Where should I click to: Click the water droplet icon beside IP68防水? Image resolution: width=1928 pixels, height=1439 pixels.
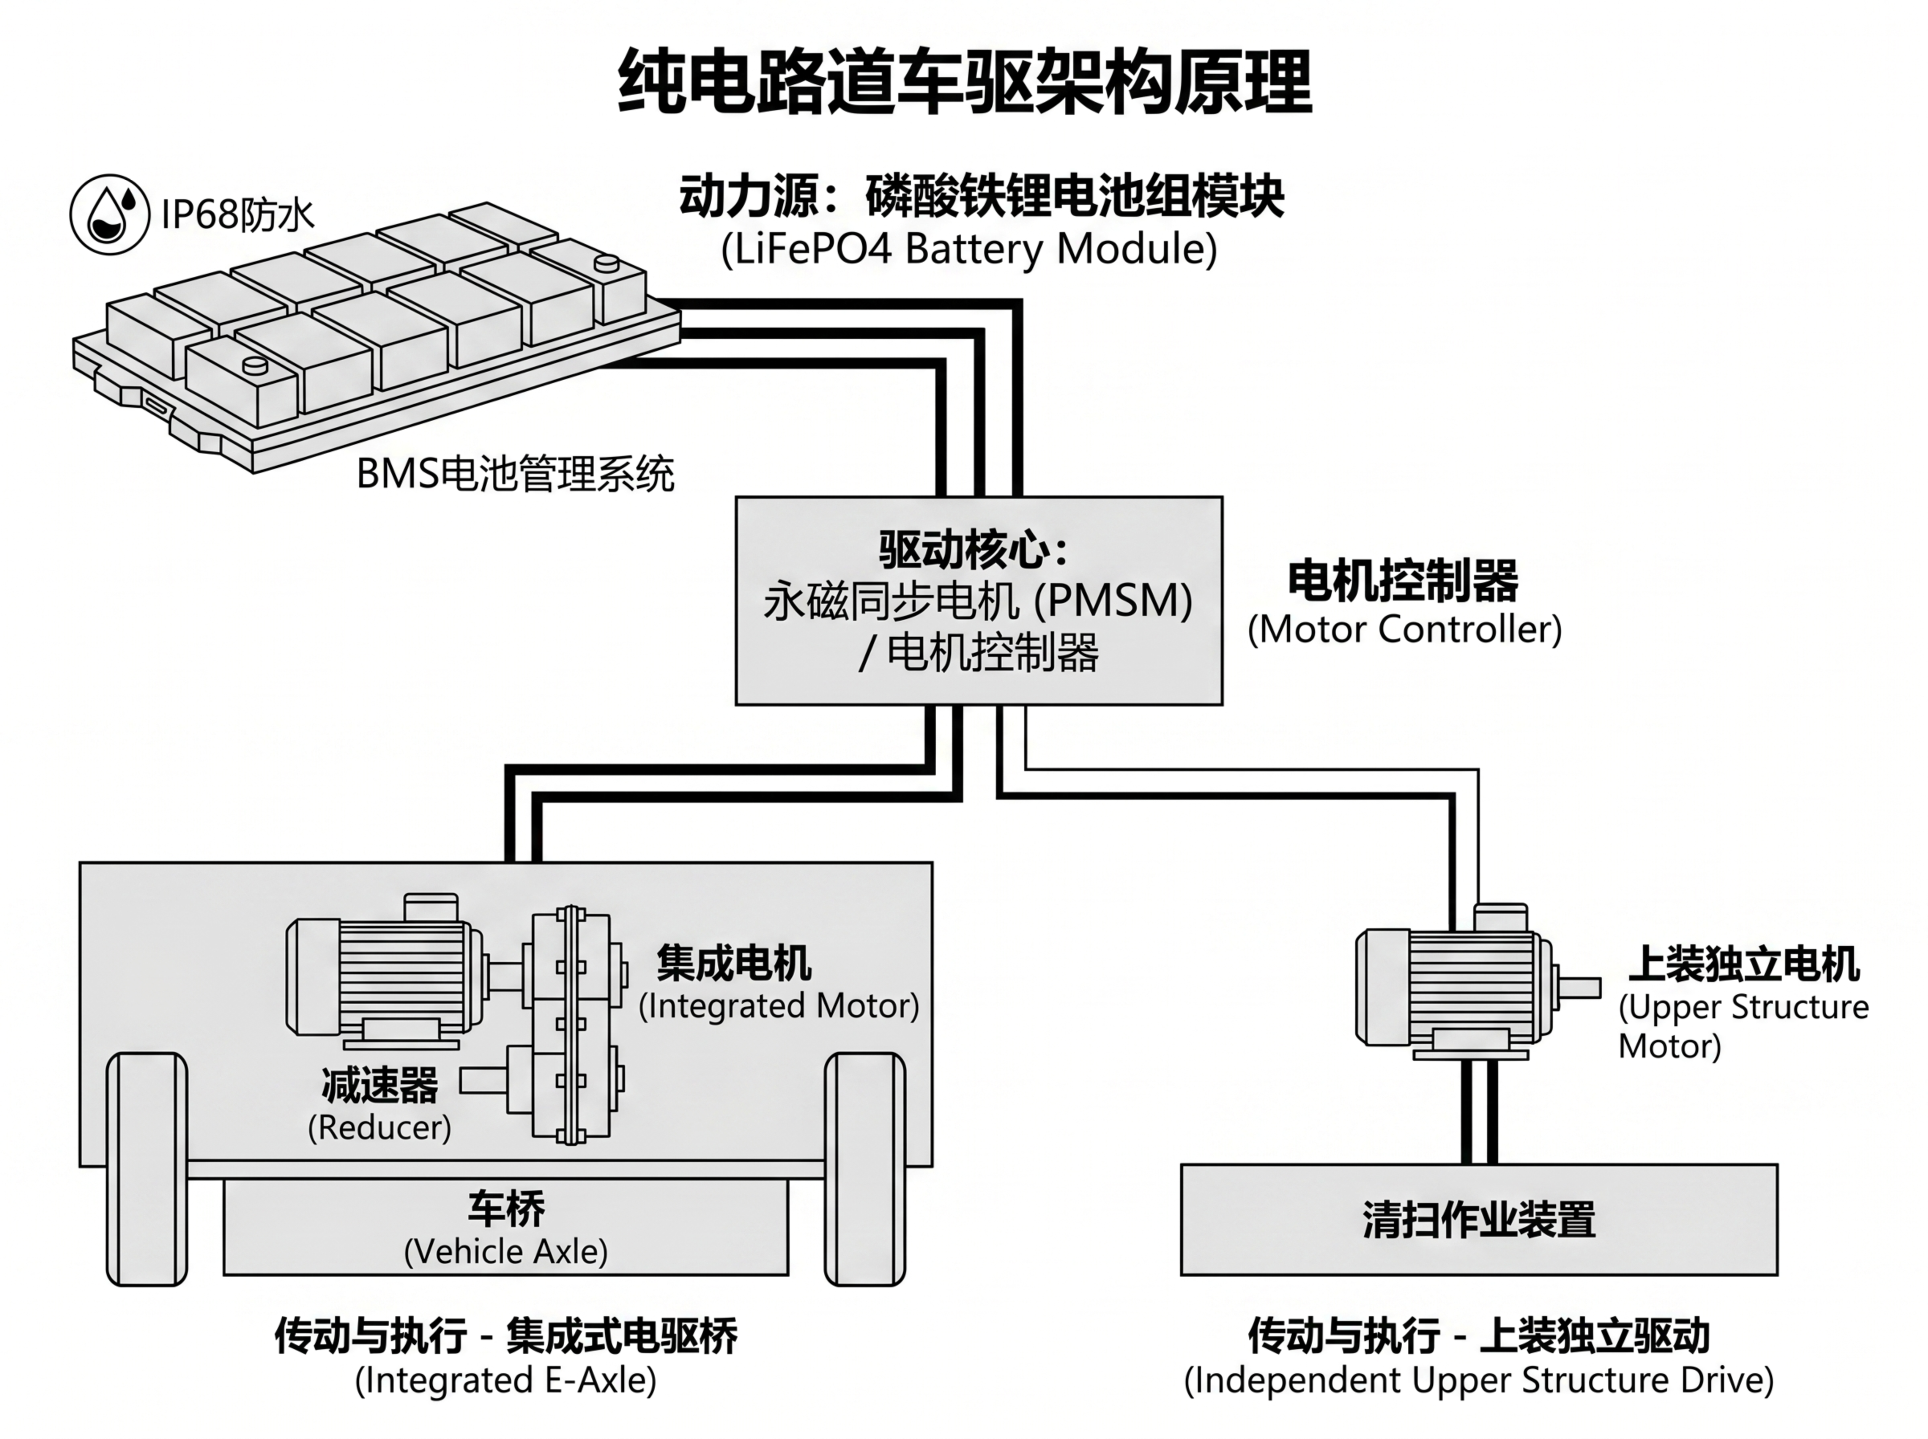(110, 214)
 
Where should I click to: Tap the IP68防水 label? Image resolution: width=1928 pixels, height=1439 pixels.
(237, 214)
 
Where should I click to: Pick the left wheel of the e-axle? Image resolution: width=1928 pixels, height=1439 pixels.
(146, 1169)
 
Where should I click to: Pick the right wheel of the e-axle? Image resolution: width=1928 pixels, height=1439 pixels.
(864, 1169)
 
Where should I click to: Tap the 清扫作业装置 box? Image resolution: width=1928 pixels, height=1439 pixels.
(1478, 1220)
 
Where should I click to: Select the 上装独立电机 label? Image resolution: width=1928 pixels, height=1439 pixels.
(1744, 963)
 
